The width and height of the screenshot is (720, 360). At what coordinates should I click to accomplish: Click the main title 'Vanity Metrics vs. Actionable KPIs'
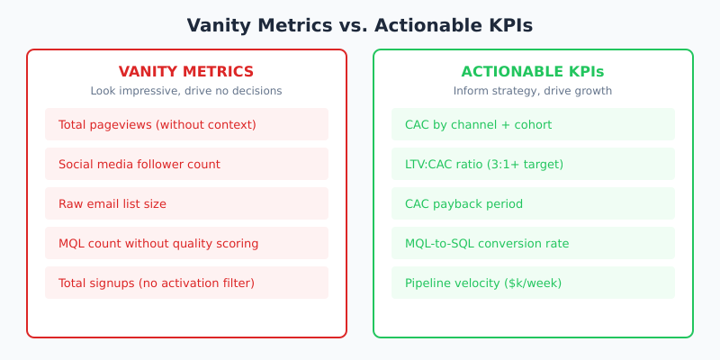[360, 26]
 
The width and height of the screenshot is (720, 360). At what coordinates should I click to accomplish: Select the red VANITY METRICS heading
[186, 72]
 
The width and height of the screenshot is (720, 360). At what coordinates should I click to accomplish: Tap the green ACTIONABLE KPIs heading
[533, 72]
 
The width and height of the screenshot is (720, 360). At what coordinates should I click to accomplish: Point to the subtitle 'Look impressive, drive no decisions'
[186, 91]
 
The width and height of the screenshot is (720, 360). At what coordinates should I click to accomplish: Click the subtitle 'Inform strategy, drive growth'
[533, 91]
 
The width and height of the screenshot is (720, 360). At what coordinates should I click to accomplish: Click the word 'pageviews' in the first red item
[122, 124]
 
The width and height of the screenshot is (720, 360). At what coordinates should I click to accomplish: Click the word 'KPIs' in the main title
[507, 26]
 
